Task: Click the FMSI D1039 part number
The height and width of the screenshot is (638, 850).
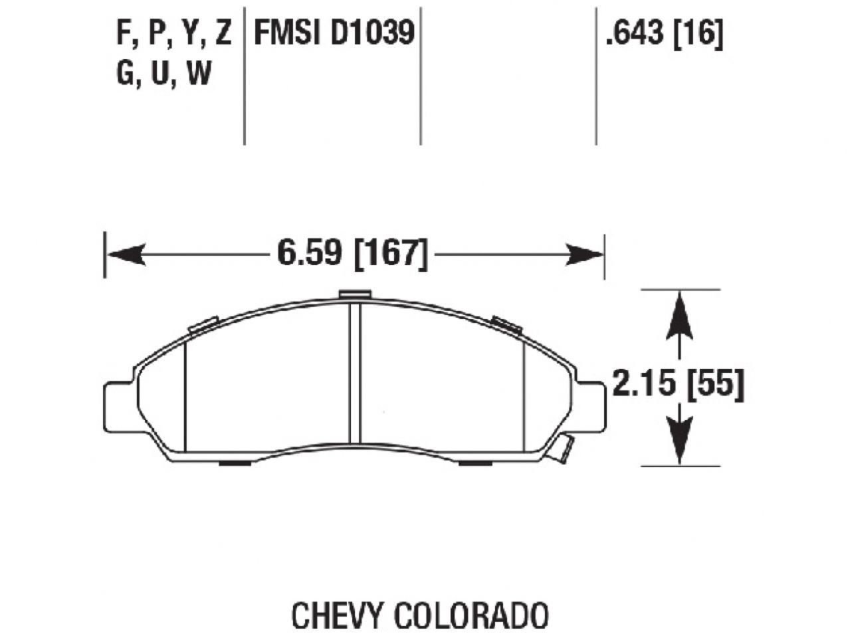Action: click(334, 33)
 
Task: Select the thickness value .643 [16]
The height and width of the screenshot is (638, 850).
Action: click(663, 33)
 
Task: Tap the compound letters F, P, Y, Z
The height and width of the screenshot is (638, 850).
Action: click(174, 33)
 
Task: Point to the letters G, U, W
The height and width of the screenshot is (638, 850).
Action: click(164, 74)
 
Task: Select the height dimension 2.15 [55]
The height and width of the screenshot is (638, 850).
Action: click(678, 385)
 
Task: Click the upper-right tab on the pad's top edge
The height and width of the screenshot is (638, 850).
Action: click(507, 324)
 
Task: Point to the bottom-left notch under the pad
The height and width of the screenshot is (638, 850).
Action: click(235, 463)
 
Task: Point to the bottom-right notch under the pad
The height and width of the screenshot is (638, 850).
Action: click(475, 463)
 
